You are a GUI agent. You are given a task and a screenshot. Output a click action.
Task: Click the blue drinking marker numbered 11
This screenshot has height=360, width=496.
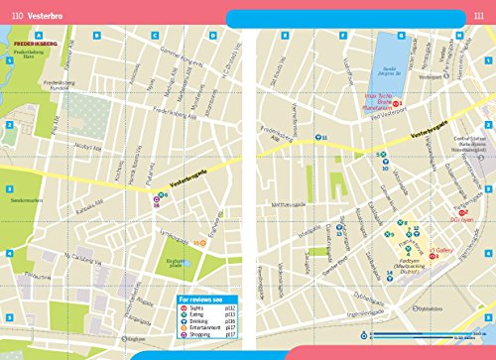pyautogui.click(x=317, y=137)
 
